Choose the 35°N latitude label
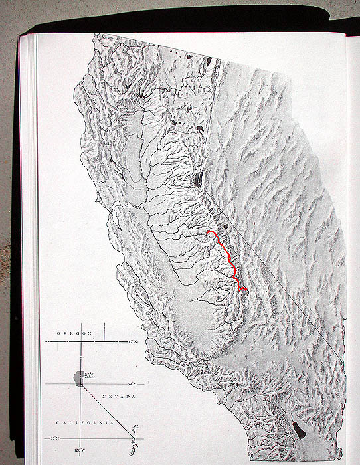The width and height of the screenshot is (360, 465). (x=56, y=439)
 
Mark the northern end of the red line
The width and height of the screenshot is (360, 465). (x=208, y=232)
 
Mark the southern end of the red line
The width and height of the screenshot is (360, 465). (x=246, y=290)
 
